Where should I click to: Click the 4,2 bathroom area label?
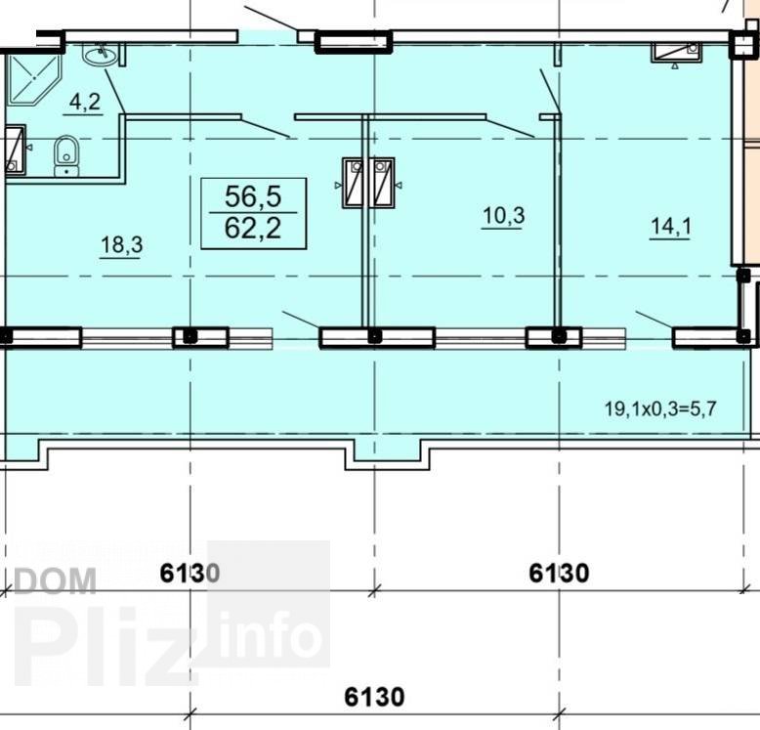85,102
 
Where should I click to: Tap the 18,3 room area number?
121,244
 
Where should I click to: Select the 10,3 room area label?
504,215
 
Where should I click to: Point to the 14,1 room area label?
670,227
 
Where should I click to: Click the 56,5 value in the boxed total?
253,196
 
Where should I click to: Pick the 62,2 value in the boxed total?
253,228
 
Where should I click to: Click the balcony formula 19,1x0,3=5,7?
660,408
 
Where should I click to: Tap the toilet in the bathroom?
65,155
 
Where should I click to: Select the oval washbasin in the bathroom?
101,54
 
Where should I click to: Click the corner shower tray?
32,79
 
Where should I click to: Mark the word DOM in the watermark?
55,581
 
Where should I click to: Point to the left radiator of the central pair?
354,183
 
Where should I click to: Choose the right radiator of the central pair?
382,183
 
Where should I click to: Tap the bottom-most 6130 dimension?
374,697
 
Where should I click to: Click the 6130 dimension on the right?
559,573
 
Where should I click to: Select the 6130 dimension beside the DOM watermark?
190,573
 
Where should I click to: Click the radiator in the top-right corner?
676,52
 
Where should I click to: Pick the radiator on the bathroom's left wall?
16,149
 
